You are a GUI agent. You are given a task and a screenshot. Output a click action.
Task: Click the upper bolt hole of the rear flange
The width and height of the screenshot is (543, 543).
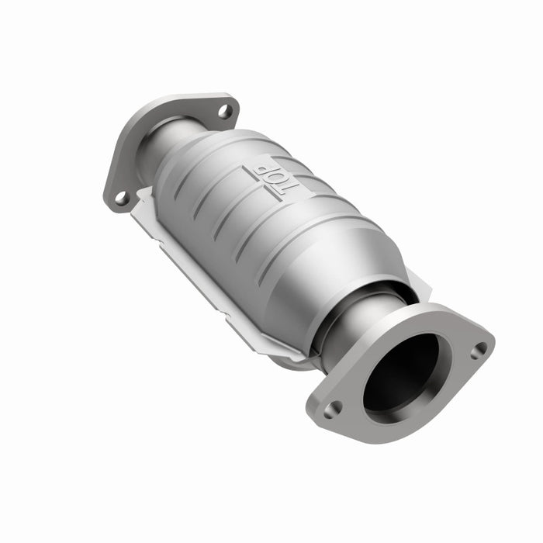coord(224,111)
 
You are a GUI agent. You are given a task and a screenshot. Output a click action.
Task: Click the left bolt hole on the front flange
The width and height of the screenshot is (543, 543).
coord(333,408)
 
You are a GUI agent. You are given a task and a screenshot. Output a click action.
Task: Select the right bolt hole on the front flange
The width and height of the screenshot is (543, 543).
coord(479,350)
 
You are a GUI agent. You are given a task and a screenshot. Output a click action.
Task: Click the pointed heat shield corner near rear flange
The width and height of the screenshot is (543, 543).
coord(140,194)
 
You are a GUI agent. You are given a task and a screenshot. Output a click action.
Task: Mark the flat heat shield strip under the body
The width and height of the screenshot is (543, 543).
coord(202,279)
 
